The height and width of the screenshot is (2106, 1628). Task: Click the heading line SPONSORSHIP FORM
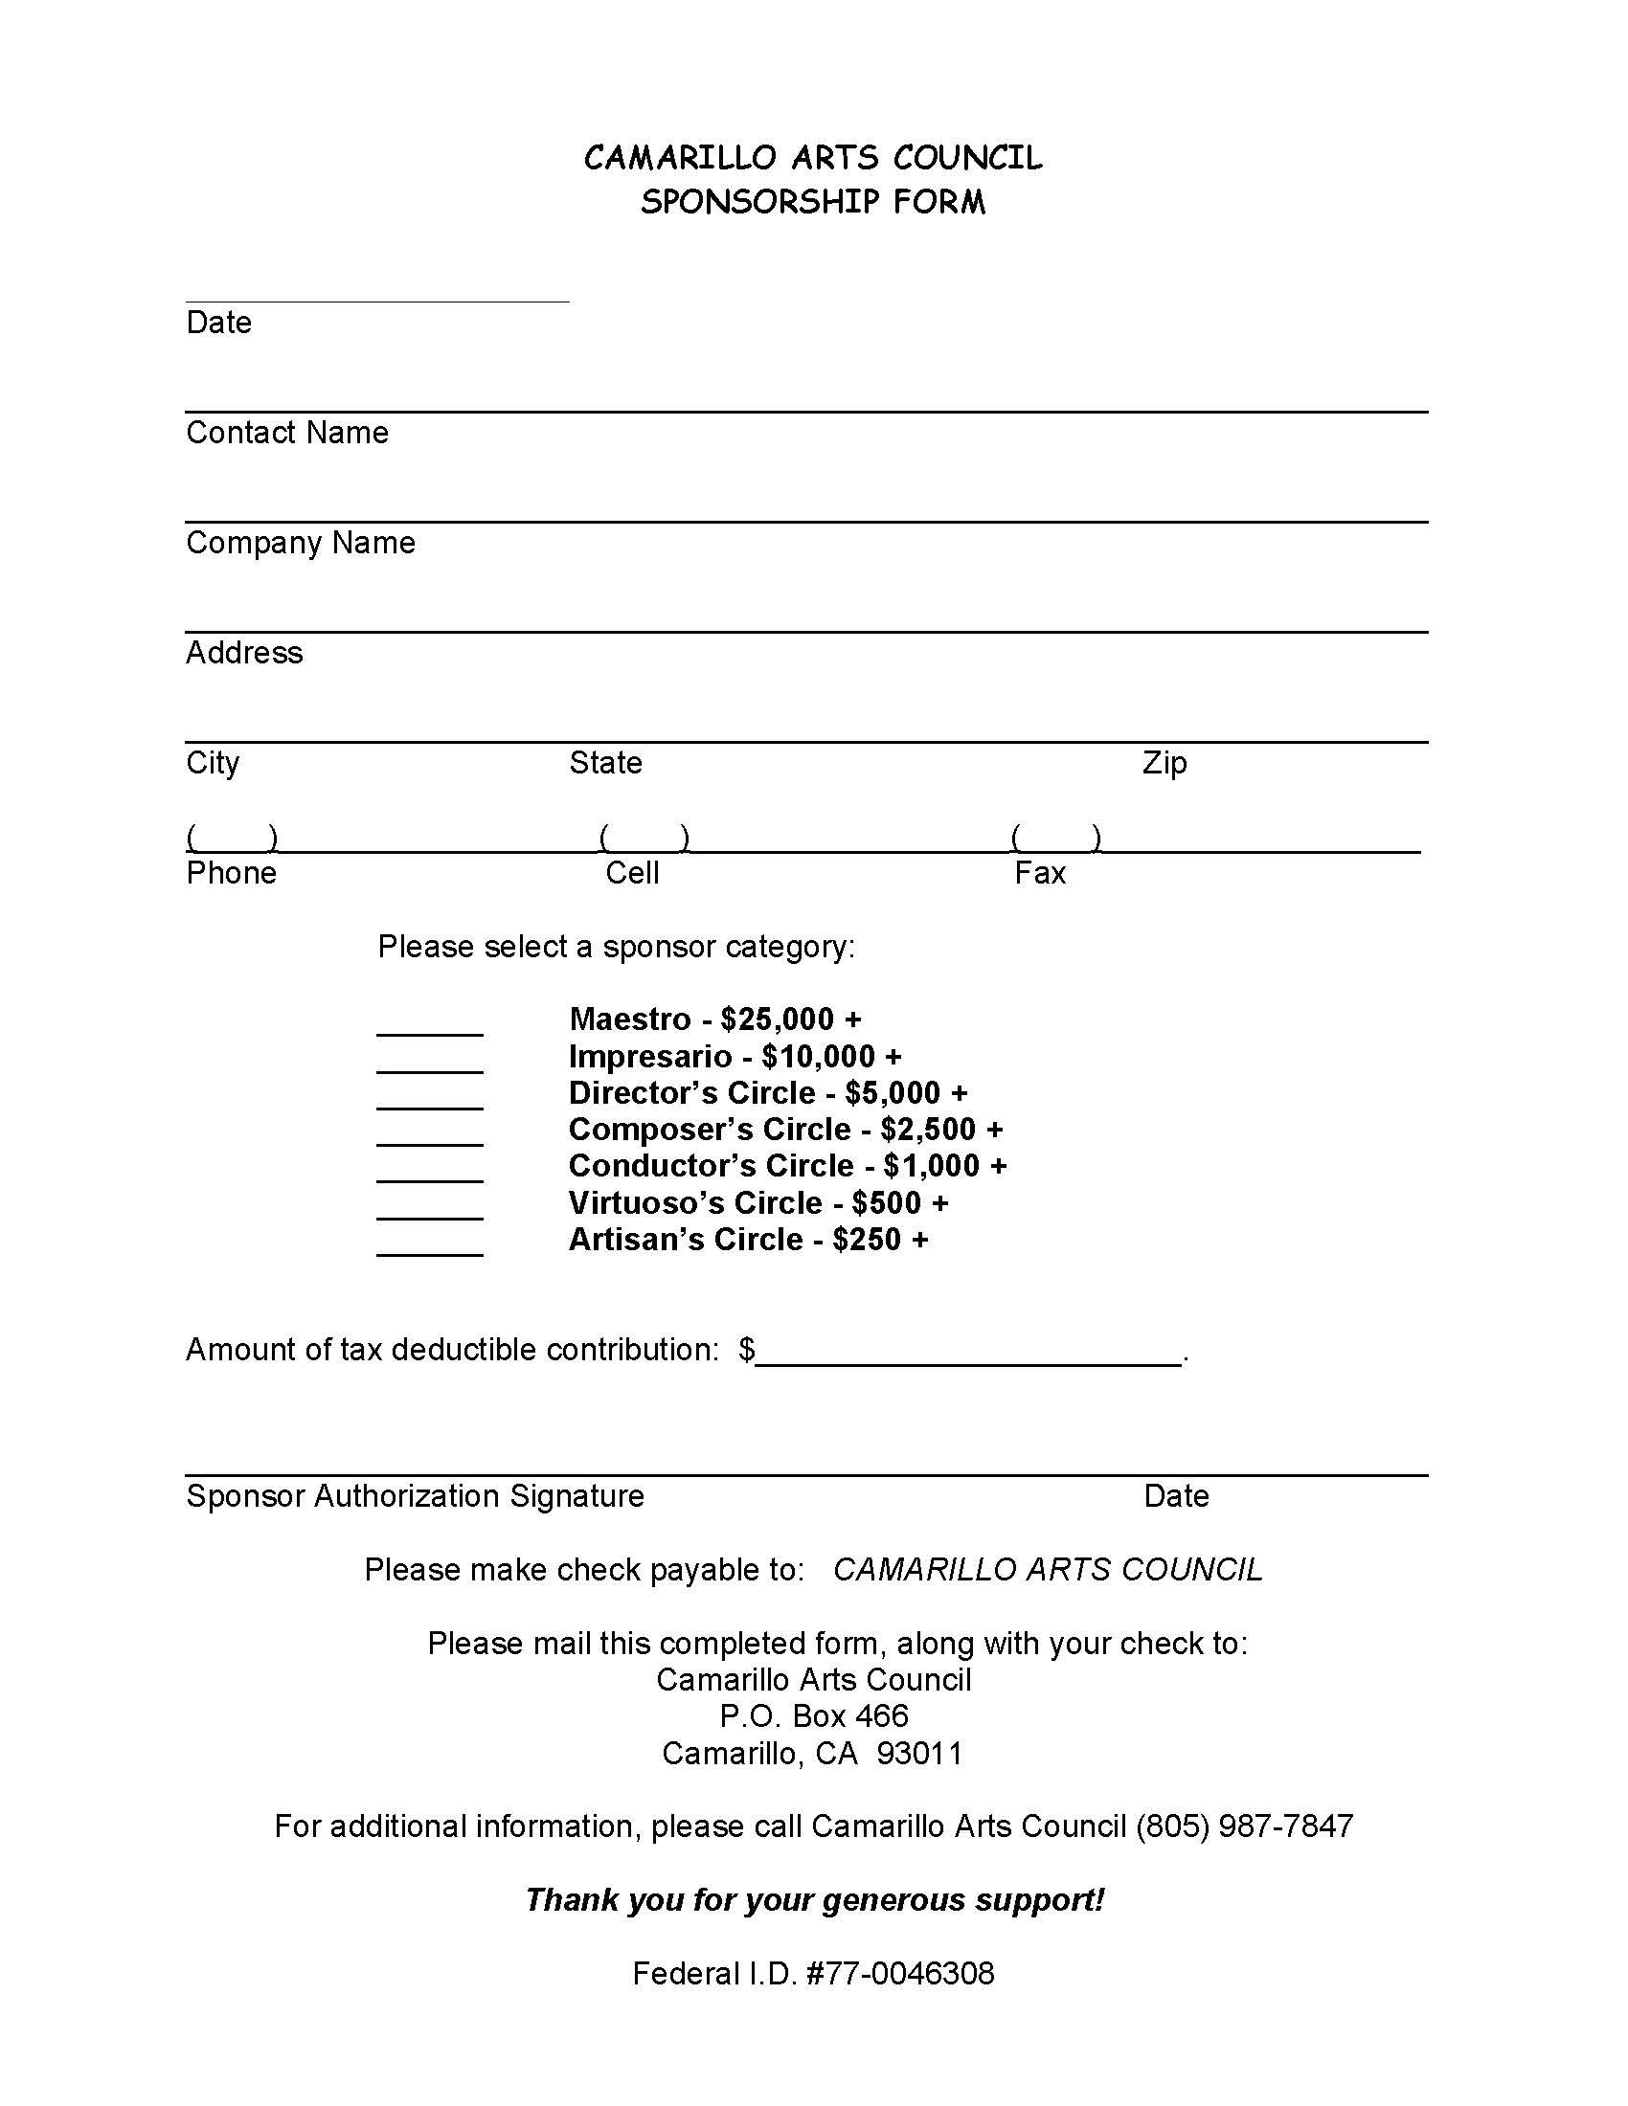click(x=813, y=202)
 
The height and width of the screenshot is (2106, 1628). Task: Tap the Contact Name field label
click(x=286, y=433)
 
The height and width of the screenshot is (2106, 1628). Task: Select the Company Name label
click(x=300, y=543)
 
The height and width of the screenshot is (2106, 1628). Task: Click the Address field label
click(x=244, y=653)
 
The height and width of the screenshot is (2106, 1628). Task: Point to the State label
click(x=604, y=763)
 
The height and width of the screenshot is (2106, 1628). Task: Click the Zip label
click(x=1164, y=763)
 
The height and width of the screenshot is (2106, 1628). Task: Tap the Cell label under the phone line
click(x=632, y=873)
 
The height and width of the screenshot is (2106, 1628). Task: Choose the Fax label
click(x=1040, y=873)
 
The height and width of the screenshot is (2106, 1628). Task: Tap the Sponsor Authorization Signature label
click(x=415, y=1495)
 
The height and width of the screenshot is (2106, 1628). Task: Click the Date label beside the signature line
click(x=1176, y=1495)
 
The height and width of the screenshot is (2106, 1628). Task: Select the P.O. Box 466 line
click(x=813, y=1715)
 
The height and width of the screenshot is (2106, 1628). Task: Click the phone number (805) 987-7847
click(x=1244, y=1826)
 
